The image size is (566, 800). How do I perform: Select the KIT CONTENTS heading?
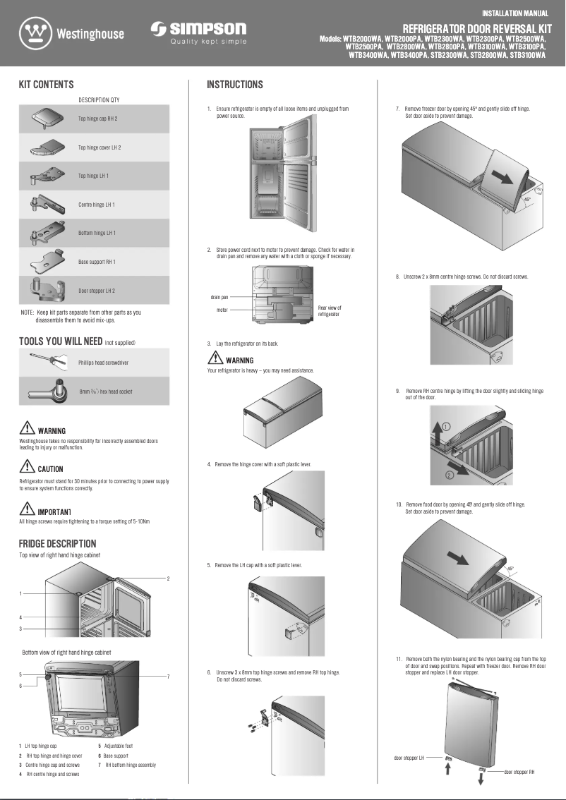coord(46,85)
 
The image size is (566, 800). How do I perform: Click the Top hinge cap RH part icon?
coord(48,119)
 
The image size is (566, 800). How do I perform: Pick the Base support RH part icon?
coord(48,262)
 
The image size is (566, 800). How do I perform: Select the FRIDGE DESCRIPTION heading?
coord(57,544)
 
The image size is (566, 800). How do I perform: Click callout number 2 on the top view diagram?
coord(168,578)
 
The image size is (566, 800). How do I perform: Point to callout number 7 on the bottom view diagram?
coord(168,677)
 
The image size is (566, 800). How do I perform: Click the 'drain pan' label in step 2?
coord(219,297)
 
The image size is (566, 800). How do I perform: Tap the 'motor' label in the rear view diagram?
coord(222,310)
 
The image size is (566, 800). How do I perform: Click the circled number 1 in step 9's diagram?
coord(447,426)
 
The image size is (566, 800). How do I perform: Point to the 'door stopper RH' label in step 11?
coord(519,772)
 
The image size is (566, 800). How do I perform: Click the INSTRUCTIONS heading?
coord(234,85)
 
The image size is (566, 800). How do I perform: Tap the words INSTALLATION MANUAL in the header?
coord(515,13)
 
